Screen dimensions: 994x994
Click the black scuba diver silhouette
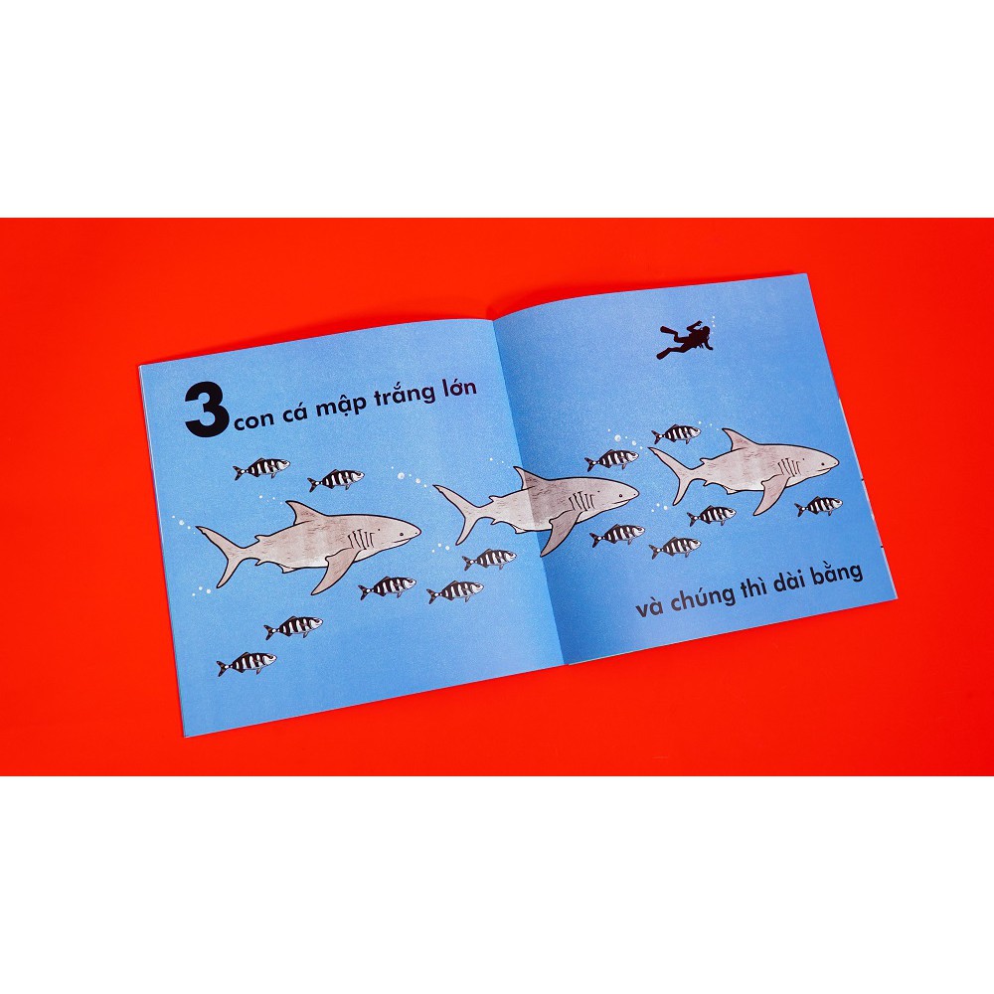coord(686,339)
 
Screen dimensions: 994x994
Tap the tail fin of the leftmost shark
coord(220,553)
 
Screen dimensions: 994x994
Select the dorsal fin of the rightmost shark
coord(737,439)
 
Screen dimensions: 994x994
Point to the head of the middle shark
coord(606,492)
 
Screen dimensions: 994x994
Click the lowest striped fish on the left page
coord(246,663)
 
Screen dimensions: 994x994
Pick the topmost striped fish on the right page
coord(677,433)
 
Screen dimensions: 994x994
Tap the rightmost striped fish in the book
coord(819,506)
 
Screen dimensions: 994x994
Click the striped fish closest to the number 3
coord(262,467)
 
